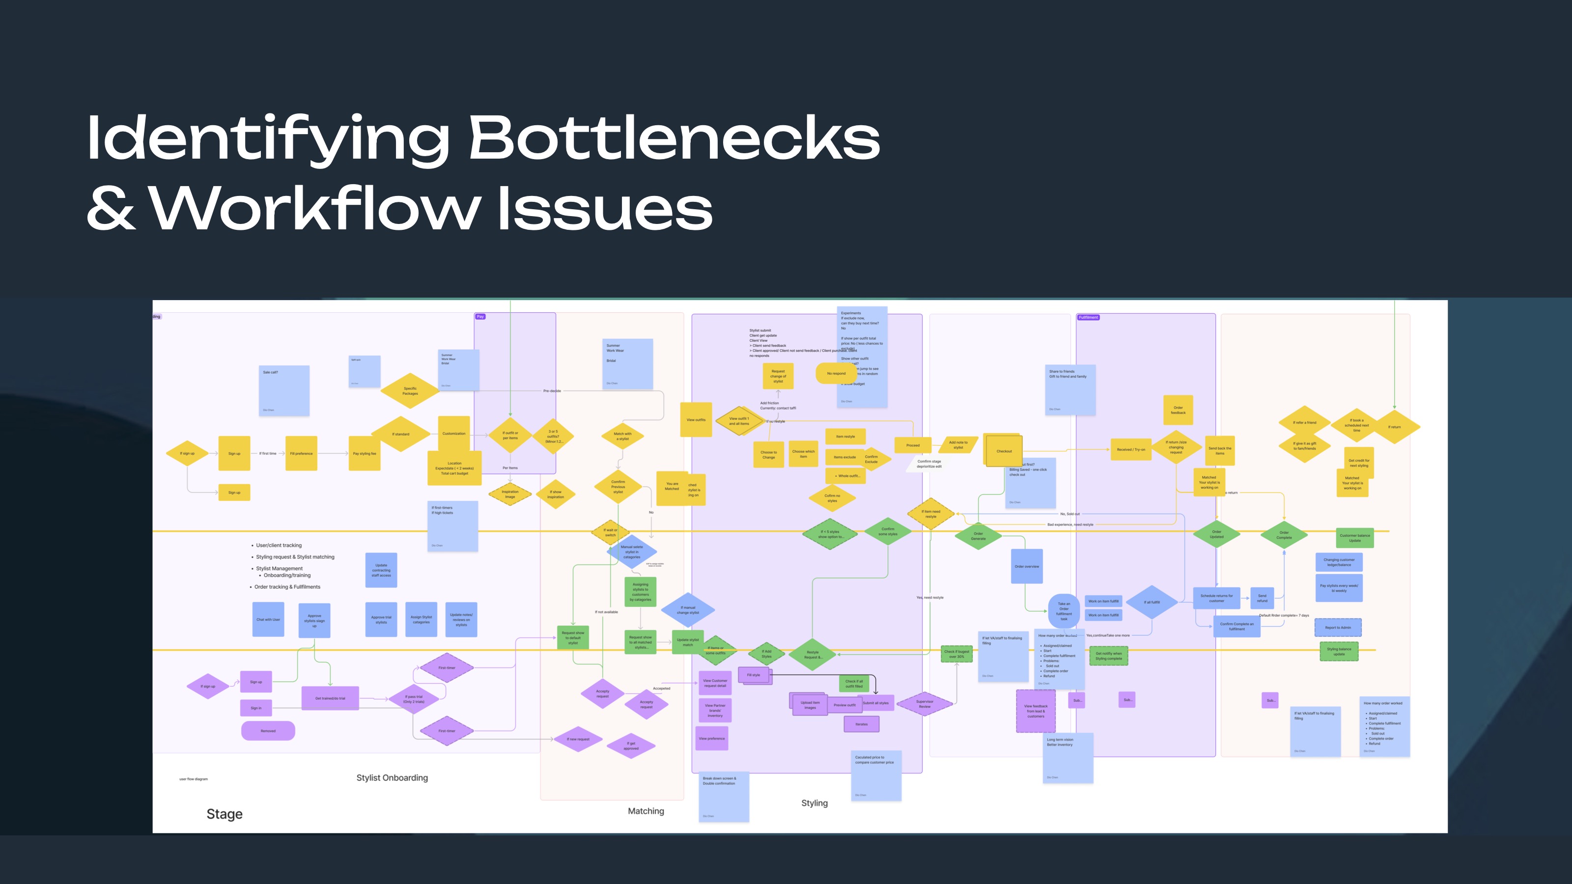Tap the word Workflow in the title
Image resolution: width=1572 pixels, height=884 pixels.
[315, 209]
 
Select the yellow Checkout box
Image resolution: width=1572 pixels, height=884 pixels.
[1004, 451]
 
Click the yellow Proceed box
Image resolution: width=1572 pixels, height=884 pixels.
[912, 445]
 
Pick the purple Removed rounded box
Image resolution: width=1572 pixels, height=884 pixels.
[268, 730]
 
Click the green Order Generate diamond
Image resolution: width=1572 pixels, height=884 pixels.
[978, 536]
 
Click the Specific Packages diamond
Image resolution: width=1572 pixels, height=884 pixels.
[410, 390]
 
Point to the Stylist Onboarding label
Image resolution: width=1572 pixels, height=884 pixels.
[392, 777]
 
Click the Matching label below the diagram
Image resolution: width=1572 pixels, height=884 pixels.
[646, 811]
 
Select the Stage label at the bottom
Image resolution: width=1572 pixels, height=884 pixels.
[225, 814]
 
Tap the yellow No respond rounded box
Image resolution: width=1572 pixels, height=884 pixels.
[836, 373]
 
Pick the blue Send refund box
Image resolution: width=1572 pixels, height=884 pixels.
[1262, 598]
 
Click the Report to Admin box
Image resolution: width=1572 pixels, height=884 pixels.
[1338, 627]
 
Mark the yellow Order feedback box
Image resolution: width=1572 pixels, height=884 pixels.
[1178, 410]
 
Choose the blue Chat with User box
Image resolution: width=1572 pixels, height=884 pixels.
[268, 619]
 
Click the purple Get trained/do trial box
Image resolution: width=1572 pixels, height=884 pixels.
[330, 698]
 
